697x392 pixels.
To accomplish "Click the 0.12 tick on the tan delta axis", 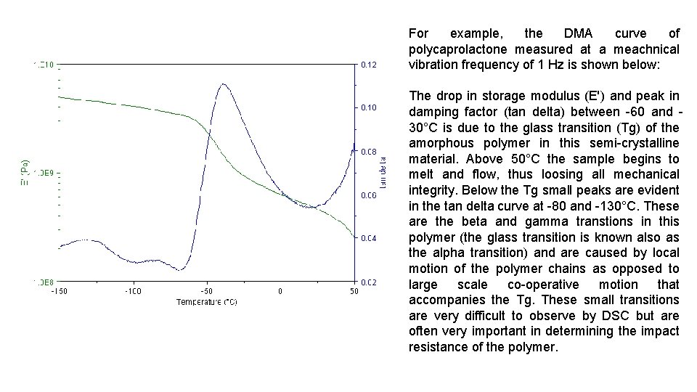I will coord(369,65).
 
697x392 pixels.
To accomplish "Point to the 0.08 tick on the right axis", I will coord(369,152).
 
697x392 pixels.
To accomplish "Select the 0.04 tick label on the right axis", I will coord(369,238).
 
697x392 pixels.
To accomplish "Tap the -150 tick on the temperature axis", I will coord(60,292).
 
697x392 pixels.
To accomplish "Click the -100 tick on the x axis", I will coord(133,292).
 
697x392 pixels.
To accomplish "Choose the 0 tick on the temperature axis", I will coord(280,292).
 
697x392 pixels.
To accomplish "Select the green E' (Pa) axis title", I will coord(24,173).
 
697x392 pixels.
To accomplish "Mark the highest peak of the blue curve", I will coord(223,84).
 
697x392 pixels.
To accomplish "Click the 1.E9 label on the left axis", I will coord(42,173).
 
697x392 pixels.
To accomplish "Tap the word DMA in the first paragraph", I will coord(578,33).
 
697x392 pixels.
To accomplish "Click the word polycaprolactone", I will coord(459,49).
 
